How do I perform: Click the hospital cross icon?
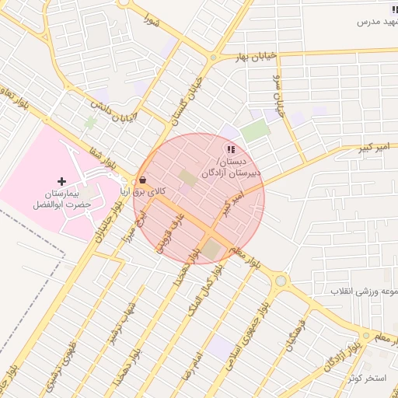click(62, 181)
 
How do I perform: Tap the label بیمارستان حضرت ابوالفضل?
click(62, 198)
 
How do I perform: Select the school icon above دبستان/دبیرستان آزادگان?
click(230, 148)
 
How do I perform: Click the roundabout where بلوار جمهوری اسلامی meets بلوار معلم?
click(281, 281)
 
